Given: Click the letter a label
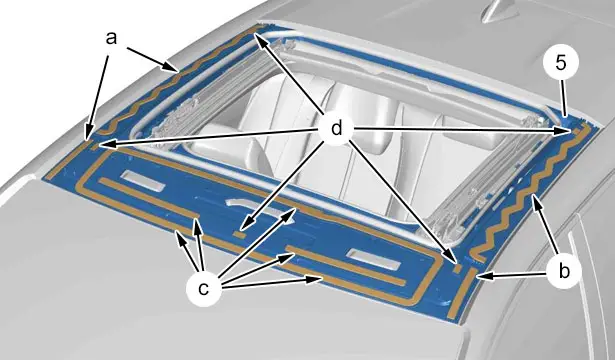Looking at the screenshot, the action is [x=111, y=38].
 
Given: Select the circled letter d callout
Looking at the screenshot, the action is [x=337, y=128].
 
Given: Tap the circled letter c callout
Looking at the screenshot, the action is [x=203, y=289].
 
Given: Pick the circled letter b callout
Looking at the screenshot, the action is [x=564, y=271].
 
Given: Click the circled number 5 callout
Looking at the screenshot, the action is [x=561, y=63].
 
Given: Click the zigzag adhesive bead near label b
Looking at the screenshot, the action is [x=529, y=192].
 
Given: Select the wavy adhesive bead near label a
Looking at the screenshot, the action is [x=173, y=78].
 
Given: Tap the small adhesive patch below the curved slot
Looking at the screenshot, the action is [x=239, y=234].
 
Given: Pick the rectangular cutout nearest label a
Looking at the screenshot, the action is [x=142, y=181].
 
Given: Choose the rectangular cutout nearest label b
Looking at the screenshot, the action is [x=373, y=259].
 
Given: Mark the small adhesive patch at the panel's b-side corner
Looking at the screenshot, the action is [x=457, y=269].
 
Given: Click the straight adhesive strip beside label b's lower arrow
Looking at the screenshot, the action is [x=462, y=293].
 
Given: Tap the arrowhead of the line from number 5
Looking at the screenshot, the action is [x=565, y=114].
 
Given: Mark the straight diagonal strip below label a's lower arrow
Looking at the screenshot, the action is [x=67, y=160].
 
